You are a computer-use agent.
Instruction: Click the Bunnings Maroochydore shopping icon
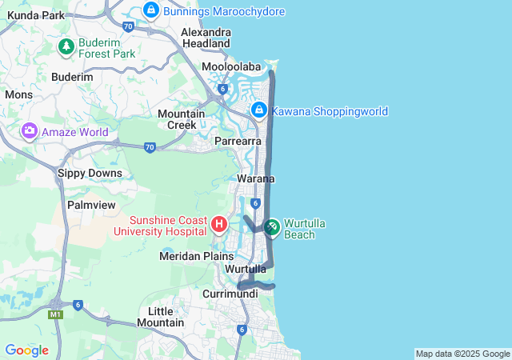150,10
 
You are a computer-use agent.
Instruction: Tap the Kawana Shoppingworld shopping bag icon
258,110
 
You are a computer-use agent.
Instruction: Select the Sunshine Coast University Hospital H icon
219,224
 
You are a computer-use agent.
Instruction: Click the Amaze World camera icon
30,130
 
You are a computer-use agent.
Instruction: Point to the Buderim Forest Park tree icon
66,48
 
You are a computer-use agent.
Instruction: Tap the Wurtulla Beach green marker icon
271,228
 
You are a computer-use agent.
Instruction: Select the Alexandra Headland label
206,38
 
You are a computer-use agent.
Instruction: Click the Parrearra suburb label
238,141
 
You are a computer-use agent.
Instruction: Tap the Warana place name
256,178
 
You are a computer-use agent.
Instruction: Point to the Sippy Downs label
90,173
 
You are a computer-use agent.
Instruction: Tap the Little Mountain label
161,317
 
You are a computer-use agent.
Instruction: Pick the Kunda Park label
36,15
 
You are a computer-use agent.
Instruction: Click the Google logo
26,350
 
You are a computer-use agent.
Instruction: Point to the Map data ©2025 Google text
462,354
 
